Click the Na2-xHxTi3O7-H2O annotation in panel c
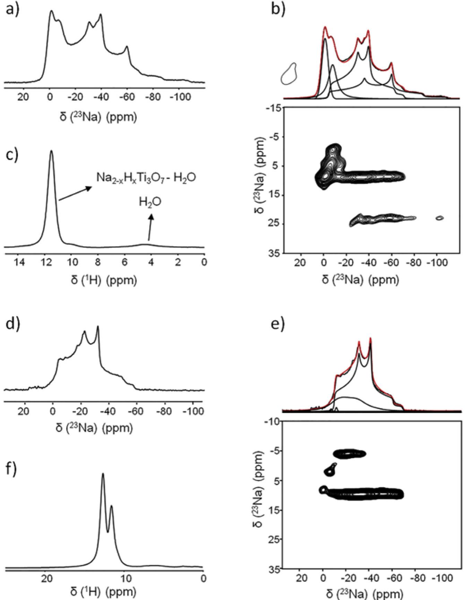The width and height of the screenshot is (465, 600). point(146,178)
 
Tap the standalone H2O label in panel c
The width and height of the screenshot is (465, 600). point(150,202)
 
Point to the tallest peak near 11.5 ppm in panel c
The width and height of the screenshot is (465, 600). point(52,151)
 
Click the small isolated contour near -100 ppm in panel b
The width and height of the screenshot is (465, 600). point(440,218)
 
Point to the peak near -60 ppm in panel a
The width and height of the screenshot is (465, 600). point(127,47)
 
